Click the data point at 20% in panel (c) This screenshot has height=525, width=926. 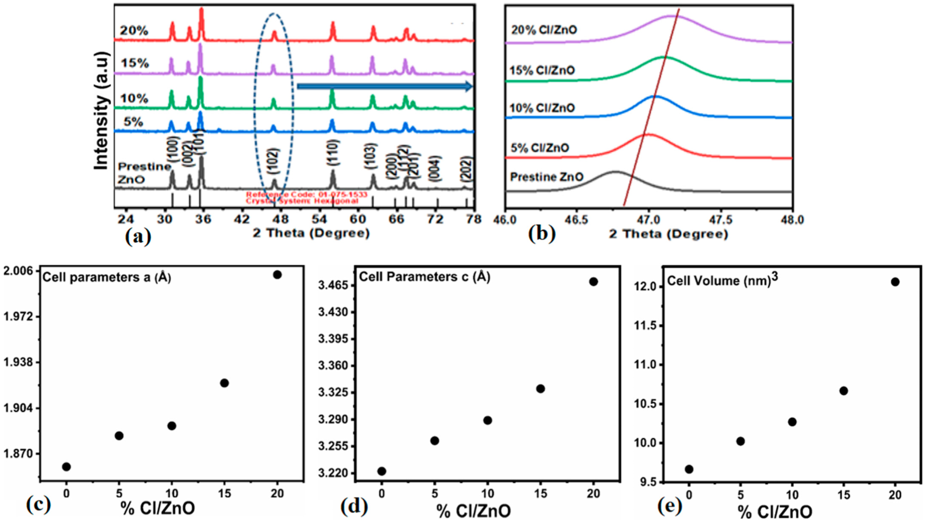click(278, 275)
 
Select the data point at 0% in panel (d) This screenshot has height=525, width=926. click(382, 471)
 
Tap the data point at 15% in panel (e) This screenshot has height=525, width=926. click(843, 391)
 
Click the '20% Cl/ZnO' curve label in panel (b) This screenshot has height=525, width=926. click(543, 29)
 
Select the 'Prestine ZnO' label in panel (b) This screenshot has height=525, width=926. click(547, 177)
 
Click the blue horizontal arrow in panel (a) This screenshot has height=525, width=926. click(384, 87)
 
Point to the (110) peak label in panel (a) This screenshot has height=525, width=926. click(333, 153)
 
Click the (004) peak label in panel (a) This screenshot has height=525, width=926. click(435, 168)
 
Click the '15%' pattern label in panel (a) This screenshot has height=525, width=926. click(135, 64)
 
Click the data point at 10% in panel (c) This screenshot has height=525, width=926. click(172, 426)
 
